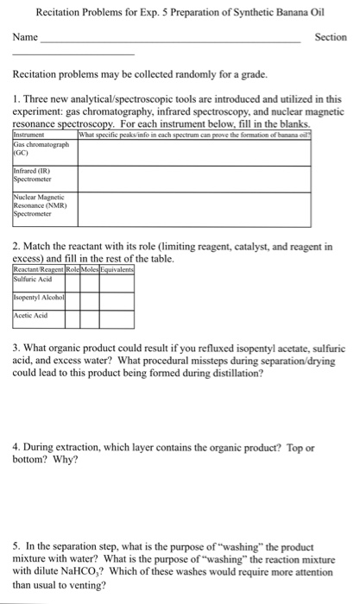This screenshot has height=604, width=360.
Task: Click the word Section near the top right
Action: point(331,38)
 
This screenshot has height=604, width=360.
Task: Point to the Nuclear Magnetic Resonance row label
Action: point(38,209)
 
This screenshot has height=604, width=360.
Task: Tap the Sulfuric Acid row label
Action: point(35,278)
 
